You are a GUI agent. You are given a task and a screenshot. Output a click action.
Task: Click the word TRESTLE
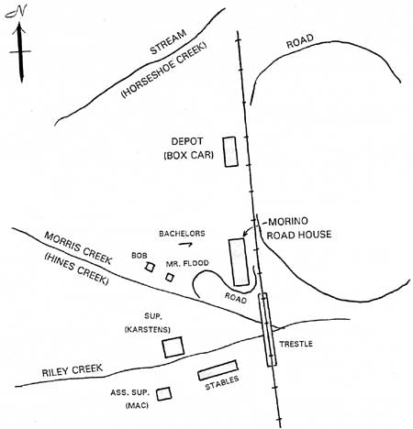point(296,344)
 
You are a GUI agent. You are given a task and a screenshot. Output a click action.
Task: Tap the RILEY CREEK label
point(73,370)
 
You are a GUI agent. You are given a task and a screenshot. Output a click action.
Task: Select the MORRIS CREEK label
point(78,247)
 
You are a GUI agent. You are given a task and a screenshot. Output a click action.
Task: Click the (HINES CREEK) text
point(76,269)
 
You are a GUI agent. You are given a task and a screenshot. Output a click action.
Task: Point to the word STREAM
point(168,42)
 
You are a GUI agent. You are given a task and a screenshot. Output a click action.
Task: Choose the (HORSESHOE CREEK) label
point(164,70)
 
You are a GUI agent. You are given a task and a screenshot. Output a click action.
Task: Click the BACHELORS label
point(182,234)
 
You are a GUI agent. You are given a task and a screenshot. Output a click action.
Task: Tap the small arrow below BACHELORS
point(185,244)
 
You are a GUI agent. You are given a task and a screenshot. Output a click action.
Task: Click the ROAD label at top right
point(300,41)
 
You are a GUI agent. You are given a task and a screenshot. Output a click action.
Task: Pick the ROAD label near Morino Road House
point(236,298)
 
